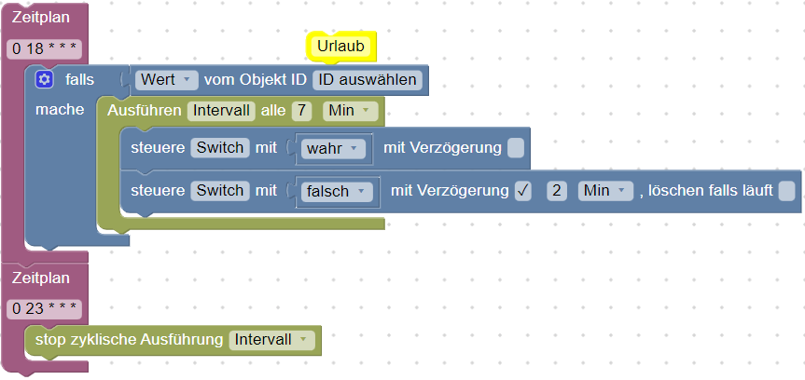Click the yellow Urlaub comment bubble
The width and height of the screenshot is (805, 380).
340,47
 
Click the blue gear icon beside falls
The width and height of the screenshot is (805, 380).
44,79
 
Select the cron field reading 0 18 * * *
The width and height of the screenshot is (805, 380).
44,49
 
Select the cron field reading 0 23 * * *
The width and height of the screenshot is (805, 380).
44,308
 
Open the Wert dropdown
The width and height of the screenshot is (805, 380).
167,80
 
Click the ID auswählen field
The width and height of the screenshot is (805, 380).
368,80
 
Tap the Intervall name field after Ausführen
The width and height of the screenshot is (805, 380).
221,111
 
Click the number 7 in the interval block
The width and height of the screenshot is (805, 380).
302,111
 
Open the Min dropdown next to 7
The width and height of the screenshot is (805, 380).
350,111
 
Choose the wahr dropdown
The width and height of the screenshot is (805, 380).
333,149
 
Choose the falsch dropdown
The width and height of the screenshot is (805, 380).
337,192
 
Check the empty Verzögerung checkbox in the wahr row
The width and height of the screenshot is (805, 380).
516,148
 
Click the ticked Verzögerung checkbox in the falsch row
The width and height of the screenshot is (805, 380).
523,191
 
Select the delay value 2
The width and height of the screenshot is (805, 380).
557,191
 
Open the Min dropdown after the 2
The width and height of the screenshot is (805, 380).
605,191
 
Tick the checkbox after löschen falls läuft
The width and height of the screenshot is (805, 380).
786,191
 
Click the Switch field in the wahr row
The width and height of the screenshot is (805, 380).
220,148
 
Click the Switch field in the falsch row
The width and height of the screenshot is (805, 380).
220,191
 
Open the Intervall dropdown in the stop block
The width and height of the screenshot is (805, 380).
271,340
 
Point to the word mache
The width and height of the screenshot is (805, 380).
60,109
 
